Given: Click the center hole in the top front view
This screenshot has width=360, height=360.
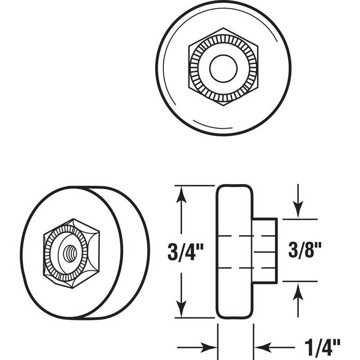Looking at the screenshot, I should tap(223, 68).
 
